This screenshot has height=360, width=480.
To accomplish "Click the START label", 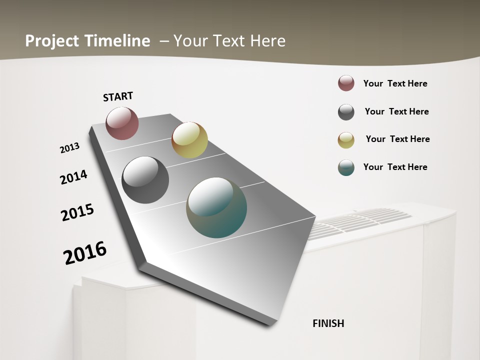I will click(118, 96).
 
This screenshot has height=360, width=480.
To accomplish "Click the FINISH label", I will click(328, 323).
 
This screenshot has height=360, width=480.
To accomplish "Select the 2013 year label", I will click(70, 148).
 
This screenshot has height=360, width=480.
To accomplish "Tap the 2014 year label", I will click(74, 177).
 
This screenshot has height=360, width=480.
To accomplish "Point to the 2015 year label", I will click(77, 212).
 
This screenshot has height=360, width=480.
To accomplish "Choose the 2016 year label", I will click(85, 253).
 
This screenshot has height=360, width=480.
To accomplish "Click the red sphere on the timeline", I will click(122, 123).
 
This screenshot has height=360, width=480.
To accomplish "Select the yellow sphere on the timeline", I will click(189, 140).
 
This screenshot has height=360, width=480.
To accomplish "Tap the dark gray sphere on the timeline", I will click(145, 180).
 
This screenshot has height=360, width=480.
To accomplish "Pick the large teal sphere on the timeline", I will click(216, 207).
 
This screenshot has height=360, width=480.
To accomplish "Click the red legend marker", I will click(346, 83).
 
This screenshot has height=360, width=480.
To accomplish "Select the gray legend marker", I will click(346, 112).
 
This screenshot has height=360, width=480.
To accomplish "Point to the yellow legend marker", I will click(346, 140).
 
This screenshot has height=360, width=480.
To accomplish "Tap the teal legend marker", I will click(346, 167).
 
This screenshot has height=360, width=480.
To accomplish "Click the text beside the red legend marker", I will click(395, 83).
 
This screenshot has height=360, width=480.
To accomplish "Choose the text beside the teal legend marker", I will click(395, 167).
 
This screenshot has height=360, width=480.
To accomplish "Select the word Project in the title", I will click(51, 41).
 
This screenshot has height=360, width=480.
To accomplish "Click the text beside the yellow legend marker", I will click(397, 139).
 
